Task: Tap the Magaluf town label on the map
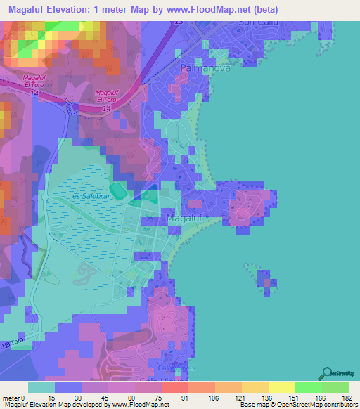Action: coord(186,219)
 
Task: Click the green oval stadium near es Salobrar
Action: coord(120,190)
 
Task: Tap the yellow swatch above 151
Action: coord(281,387)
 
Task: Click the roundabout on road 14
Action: coord(71,107)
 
